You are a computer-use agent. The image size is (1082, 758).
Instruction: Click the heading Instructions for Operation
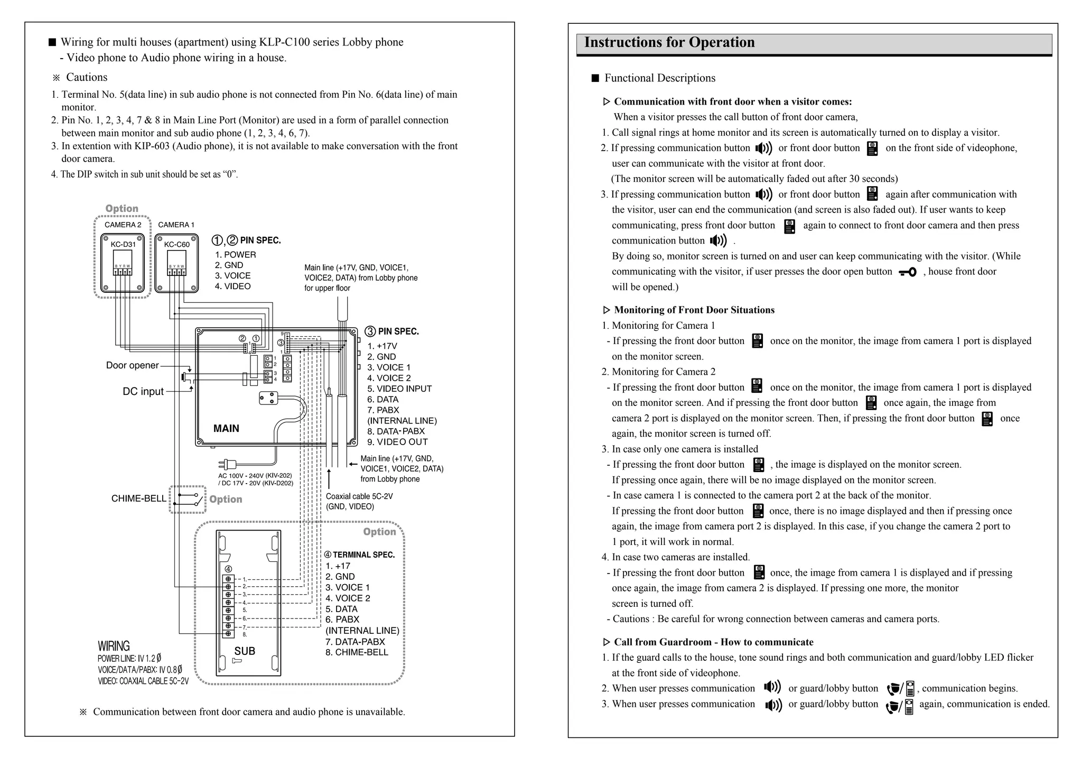point(669,42)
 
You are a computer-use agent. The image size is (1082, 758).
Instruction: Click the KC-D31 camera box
point(123,263)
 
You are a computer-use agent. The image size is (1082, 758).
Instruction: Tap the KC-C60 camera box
point(176,263)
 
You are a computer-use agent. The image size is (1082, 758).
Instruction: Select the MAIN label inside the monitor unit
point(226,429)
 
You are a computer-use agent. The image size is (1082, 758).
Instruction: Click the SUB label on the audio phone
point(245,651)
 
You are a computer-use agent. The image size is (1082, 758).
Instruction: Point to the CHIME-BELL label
point(138,498)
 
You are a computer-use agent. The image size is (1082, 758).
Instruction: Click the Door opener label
point(132,365)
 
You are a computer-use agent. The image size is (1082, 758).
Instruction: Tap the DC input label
point(143,392)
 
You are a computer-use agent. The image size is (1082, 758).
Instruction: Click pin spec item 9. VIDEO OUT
point(397,442)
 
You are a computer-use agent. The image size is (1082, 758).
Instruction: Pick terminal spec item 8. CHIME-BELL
point(357,652)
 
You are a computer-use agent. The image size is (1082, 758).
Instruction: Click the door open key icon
point(908,272)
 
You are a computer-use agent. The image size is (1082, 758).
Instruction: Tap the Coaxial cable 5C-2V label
point(359,496)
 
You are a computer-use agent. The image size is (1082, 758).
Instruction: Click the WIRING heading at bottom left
point(114,646)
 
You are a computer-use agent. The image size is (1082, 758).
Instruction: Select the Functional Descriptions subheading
point(659,78)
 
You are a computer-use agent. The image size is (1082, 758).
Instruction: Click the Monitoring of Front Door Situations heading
point(694,310)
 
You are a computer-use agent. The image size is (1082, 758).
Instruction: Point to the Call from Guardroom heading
point(713,642)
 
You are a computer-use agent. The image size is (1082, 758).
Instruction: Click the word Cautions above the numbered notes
point(87,77)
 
